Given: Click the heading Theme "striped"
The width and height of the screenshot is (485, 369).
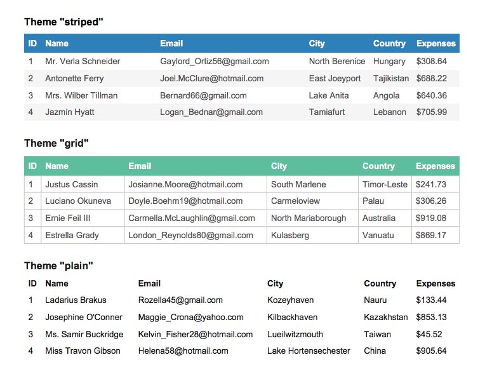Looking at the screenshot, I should pos(63,22).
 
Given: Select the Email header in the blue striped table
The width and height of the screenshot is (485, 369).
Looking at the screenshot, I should pos(171,44).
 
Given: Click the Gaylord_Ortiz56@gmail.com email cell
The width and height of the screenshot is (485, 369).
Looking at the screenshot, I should pos(215,62).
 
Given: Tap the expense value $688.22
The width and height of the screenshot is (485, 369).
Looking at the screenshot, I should pos(432,79).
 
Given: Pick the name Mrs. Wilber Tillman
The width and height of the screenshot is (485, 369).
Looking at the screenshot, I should pos(81,96).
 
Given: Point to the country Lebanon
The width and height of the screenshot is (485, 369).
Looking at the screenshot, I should pos(390,112).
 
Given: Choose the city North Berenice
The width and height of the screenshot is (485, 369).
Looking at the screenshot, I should pos(337,62).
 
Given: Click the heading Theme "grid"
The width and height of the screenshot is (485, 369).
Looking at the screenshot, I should pos(56,143).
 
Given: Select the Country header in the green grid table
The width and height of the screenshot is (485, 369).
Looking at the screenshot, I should pos(378,166).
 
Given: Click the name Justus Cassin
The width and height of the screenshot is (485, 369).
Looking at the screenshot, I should pos(72,185).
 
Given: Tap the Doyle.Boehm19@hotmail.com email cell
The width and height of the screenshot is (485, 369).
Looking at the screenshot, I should pos(185,201).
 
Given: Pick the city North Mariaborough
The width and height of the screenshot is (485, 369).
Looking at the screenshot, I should pos(309,218).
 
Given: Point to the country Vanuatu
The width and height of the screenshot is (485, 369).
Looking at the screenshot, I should pos(378,235).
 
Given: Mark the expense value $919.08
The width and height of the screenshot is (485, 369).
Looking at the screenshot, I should pos(431,218).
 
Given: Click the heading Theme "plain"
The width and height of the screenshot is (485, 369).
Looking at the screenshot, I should pos(58,265).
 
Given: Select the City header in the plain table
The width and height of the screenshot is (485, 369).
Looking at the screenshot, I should pos(275,284).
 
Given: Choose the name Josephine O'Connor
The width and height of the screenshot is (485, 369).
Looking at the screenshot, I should pos(84,318).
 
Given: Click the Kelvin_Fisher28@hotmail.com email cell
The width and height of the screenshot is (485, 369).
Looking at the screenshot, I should pos(196,335).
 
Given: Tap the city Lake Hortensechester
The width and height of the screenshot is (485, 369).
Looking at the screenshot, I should pos(309,351).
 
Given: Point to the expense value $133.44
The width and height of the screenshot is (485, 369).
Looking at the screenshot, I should pos(432,300).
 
